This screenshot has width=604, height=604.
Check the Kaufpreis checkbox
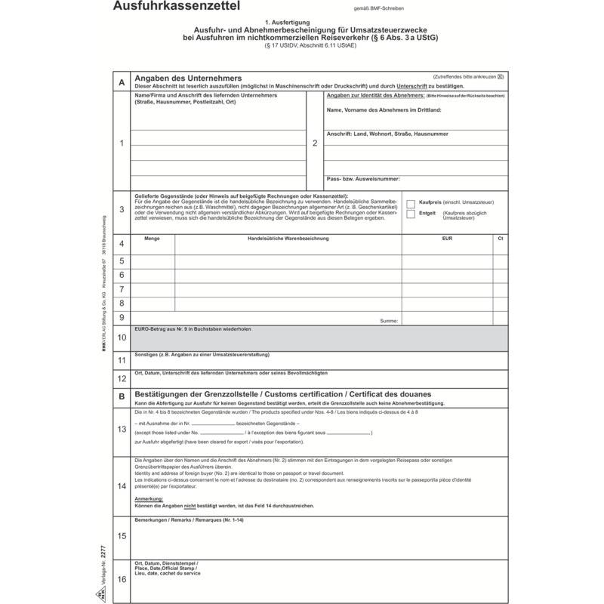pos(411,203)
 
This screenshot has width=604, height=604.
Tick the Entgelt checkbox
pos(411,214)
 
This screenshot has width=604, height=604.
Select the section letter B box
pos(121,396)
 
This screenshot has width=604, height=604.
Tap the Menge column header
pos(152,239)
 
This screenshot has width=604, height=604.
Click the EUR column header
pos(447,239)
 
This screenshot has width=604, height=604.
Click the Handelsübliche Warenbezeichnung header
pos(288,239)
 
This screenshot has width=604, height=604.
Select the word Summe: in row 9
pos(389,321)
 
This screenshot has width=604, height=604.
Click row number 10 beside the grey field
pos(121,337)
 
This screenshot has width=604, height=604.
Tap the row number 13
pos(121,430)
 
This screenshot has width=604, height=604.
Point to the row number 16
pos(121,580)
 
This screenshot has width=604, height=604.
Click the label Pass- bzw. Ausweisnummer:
pos(363,179)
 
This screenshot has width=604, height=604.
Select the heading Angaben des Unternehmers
pos(187,79)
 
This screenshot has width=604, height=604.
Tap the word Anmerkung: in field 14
pos(149,499)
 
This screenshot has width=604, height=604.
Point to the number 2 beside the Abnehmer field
pos(315,143)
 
